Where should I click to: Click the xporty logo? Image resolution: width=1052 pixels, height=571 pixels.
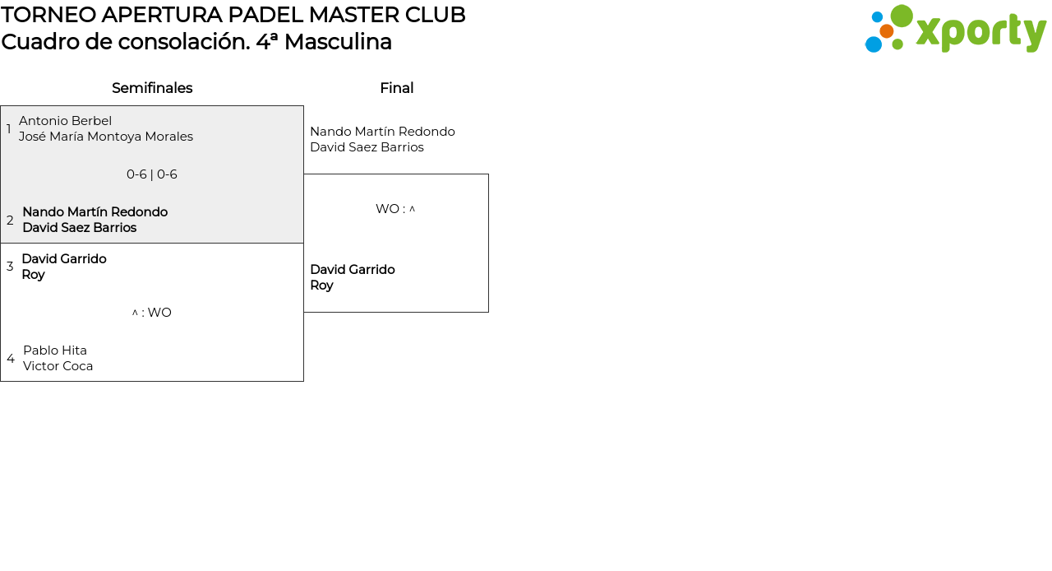coord(955,30)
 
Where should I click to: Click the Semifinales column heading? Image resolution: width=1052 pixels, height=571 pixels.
coord(152,88)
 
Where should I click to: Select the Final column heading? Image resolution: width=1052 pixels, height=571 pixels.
coord(396,88)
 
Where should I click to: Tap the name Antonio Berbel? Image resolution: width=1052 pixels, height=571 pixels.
coord(65,121)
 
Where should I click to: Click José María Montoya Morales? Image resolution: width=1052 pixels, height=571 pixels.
coord(106,137)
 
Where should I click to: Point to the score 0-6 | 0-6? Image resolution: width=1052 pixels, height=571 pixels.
coord(152,174)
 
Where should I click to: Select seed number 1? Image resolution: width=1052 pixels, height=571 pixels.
coord(9,129)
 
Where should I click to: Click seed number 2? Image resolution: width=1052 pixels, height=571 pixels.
coord(10,221)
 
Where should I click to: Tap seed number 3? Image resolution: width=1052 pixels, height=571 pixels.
coord(10,267)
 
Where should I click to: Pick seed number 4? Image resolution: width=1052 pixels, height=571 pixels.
coord(11,359)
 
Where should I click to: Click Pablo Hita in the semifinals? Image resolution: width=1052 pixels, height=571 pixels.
coord(55,350)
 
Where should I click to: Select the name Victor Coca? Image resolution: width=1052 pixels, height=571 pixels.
coord(58,366)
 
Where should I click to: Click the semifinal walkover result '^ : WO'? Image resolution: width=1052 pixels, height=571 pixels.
coord(152,313)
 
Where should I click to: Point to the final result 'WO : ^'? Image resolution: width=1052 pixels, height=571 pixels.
coord(395,209)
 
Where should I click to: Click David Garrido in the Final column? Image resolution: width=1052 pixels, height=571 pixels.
coord(352,270)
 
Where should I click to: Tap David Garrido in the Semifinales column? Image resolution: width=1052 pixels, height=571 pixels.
coord(64,259)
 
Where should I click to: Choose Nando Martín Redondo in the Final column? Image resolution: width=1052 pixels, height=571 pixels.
coord(382,132)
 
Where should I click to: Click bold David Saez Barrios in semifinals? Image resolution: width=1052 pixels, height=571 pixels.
coord(80,228)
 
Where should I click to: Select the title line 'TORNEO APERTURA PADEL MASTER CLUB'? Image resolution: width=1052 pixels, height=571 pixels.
coord(233,15)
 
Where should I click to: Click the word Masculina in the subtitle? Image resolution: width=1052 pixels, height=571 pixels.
coord(338,42)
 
